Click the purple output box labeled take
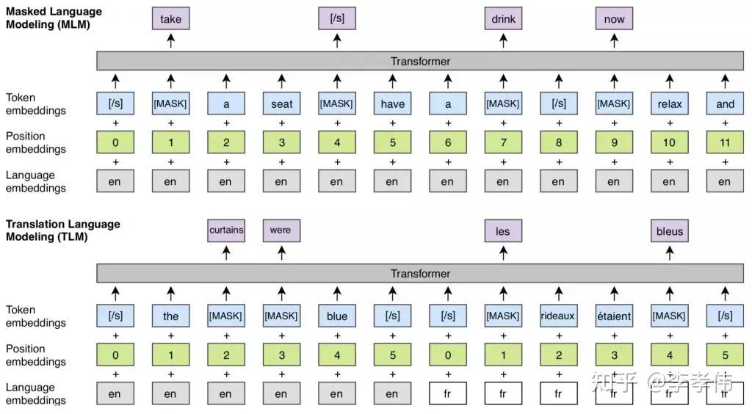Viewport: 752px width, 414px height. point(170,19)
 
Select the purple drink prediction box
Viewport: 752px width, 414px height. point(503,19)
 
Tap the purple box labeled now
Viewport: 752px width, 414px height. point(614,19)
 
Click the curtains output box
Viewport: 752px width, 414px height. point(226,230)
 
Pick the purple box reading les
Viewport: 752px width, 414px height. point(503,231)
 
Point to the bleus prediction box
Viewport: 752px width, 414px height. point(669,231)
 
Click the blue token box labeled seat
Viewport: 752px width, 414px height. point(281,103)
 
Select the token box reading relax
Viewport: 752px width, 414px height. point(669,103)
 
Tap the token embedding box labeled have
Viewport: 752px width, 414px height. point(392,103)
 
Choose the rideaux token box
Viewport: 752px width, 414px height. point(558,316)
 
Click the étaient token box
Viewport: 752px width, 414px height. point(614,316)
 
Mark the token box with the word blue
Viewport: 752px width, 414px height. point(337,316)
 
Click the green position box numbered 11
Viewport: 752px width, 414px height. point(725,142)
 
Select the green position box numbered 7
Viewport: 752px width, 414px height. point(503,142)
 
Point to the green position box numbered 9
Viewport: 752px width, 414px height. point(614,142)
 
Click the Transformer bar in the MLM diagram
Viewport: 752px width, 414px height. point(420,61)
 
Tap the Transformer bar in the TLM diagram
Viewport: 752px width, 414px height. point(420,273)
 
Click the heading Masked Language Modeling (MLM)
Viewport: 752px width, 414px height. point(54,18)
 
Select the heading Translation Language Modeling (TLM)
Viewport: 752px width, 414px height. point(62,230)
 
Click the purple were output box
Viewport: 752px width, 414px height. point(281,230)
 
